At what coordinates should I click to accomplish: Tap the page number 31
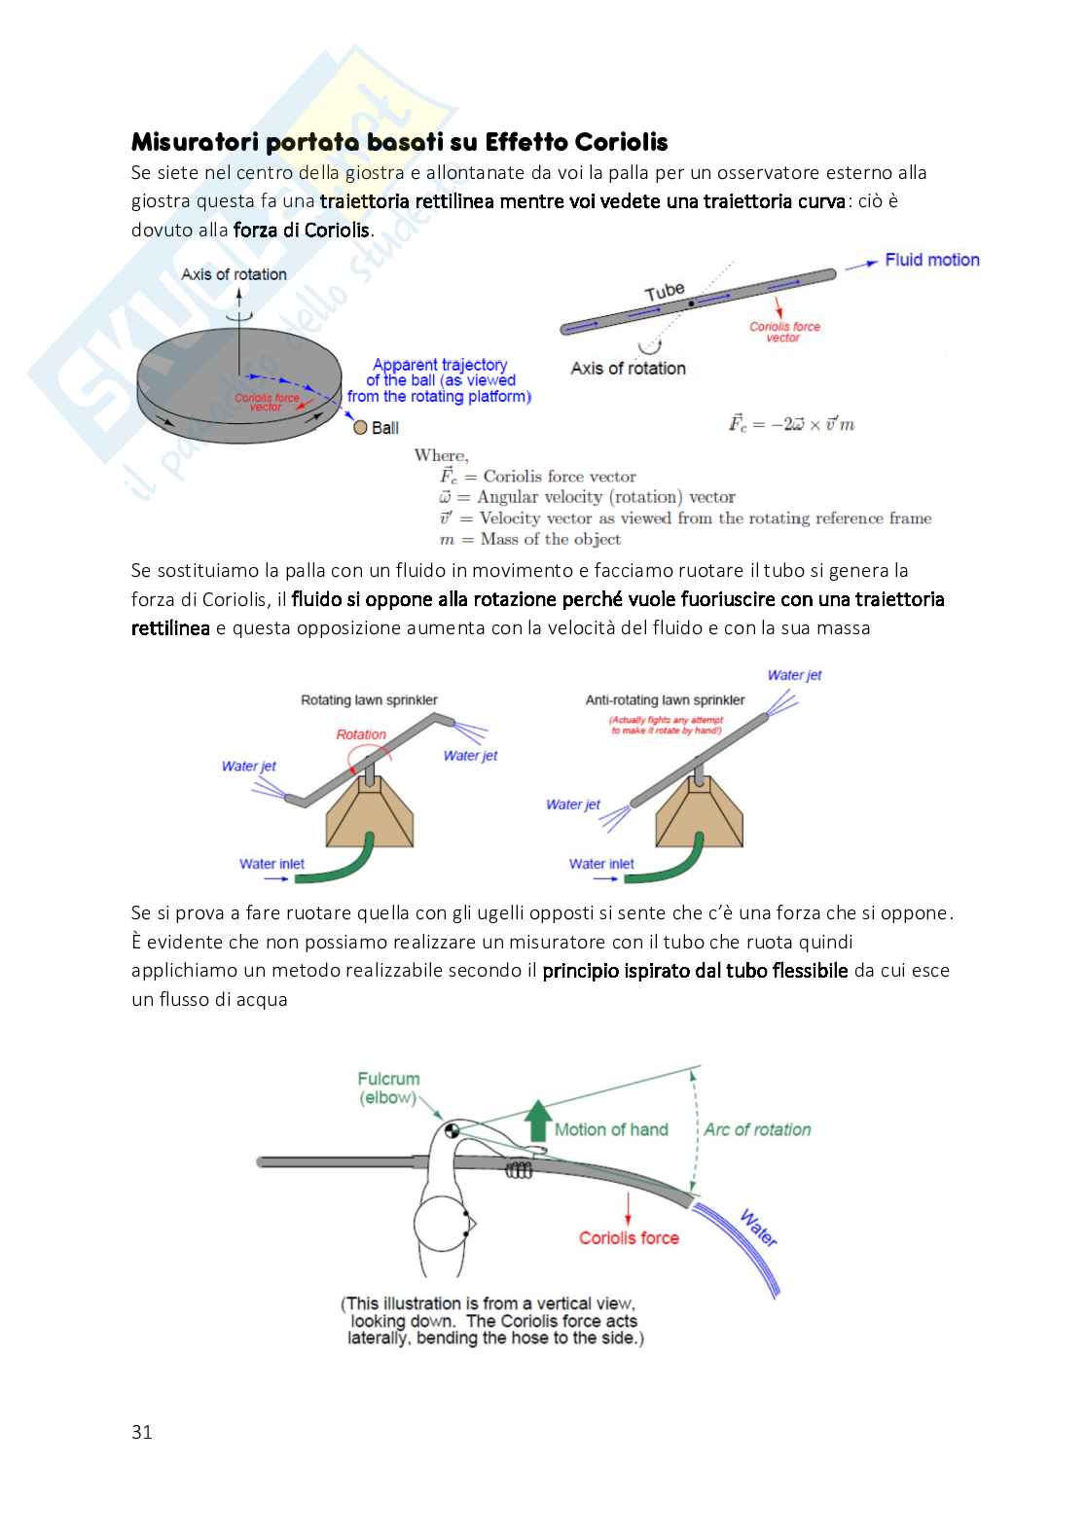(x=142, y=1432)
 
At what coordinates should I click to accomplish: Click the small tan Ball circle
(x=360, y=427)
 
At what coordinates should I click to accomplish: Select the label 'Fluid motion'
(x=931, y=260)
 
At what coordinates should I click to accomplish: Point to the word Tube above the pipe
(x=665, y=290)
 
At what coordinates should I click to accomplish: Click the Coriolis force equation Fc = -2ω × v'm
(x=791, y=424)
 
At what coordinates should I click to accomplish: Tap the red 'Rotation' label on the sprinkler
(x=361, y=734)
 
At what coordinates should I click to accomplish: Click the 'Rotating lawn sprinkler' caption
(x=369, y=699)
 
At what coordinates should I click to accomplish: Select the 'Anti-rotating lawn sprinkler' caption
(x=665, y=699)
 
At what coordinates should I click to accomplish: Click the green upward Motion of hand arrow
(x=537, y=1122)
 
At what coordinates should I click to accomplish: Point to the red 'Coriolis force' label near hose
(x=629, y=1237)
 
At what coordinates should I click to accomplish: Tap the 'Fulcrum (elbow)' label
(x=388, y=1088)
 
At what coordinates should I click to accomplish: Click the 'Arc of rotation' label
(x=757, y=1129)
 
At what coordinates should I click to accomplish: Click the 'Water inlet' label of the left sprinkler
(x=271, y=864)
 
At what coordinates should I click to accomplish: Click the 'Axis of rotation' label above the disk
(x=234, y=274)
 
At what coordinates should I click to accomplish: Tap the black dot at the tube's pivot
(x=691, y=303)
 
